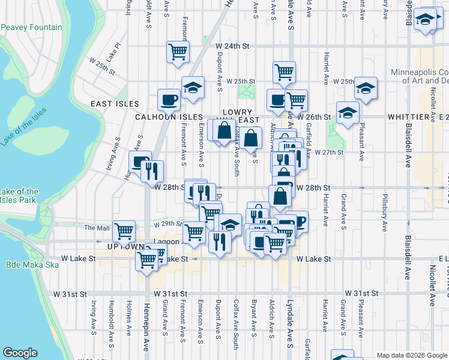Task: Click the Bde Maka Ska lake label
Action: (29, 265)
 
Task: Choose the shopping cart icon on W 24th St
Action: (178, 52)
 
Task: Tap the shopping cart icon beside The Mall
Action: (123, 230)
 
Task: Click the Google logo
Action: (20, 353)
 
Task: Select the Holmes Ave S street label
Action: (129, 322)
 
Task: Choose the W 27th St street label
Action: (328, 152)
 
